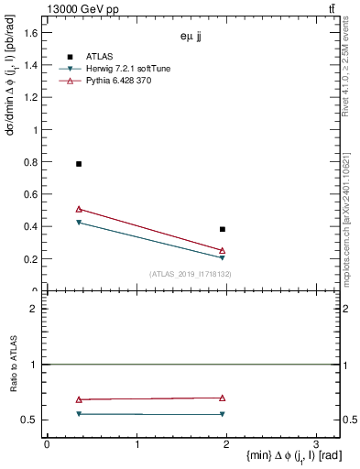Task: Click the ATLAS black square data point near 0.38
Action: [223, 229]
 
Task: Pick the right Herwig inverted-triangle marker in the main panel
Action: [223, 258]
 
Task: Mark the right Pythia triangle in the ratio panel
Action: [223, 398]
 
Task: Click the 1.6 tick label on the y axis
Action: [31, 33]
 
